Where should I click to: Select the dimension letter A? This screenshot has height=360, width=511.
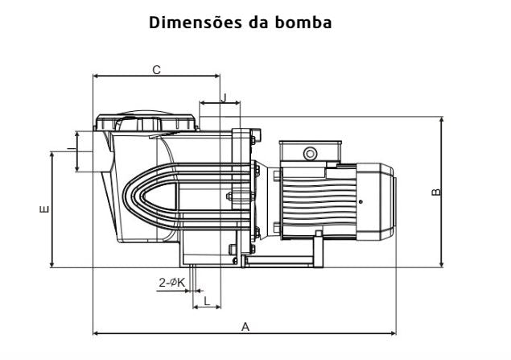[x=246, y=326]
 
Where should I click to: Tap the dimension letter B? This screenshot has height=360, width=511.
[x=435, y=192]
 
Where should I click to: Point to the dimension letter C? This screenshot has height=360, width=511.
[x=156, y=70]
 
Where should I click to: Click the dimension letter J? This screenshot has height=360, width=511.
[x=224, y=97]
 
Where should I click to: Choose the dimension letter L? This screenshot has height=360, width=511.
[x=207, y=300]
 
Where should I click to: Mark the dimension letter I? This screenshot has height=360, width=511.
[x=70, y=150]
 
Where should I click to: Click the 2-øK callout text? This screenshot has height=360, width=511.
[x=171, y=282]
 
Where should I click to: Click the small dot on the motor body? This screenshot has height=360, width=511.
[x=361, y=201]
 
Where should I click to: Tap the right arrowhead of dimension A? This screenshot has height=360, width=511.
[x=394, y=333]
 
